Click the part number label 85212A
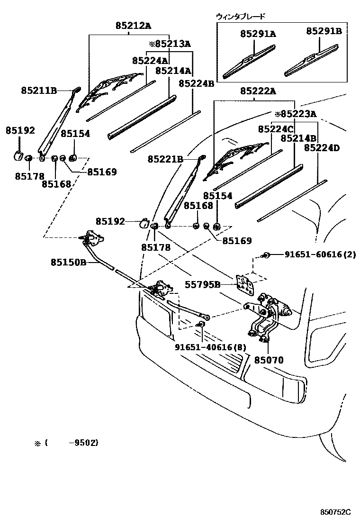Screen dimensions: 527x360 (133, 26)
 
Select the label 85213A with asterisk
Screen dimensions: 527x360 (169, 44)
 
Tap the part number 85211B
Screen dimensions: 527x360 (38, 90)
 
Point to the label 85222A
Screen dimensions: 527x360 (258, 91)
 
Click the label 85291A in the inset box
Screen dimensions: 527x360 (258, 34)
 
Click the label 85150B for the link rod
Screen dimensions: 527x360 (69, 262)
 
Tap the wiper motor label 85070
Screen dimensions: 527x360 (268, 360)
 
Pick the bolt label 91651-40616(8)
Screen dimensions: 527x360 (211, 347)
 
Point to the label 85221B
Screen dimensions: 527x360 (165, 159)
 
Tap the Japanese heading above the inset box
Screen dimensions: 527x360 (240, 16)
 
